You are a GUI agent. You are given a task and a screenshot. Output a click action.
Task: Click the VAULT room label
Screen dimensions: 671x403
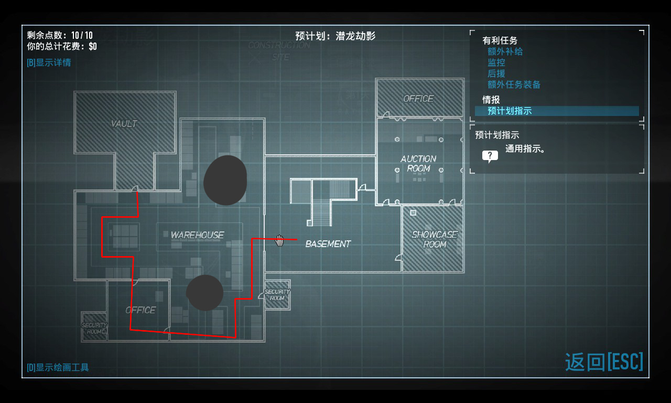[x=124, y=124]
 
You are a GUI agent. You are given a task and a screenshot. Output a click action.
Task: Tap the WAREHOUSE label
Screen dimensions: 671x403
[x=197, y=235]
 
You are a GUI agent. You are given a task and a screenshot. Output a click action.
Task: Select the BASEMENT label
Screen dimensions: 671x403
[x=328, y=244]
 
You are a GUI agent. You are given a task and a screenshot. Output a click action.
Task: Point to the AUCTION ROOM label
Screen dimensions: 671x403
[x=418, y=164]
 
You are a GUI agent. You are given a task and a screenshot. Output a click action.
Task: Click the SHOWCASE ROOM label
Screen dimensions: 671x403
[x=434, y=239]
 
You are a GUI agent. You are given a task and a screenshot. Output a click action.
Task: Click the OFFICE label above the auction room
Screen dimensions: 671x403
[x=418, y=99]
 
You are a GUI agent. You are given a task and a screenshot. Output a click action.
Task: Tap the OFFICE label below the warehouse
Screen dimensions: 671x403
[x=140, y=310]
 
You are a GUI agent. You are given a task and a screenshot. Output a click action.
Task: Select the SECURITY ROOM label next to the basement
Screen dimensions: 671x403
[x=277, y=295]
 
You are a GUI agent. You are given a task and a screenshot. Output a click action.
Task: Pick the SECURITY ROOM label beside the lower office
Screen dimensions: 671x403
[x=94, y=328]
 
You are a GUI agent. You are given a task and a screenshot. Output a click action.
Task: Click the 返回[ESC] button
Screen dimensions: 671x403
[x=604, y=362]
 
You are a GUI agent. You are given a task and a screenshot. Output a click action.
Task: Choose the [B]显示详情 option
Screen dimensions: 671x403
[x=49, y=62]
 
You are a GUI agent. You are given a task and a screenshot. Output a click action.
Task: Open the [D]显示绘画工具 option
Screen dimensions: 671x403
[x=58, y=367]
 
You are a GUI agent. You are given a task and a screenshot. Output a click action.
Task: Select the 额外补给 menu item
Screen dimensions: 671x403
[x=505, y=51]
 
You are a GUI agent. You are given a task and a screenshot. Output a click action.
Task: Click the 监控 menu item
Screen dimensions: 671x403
[x=496, y=62]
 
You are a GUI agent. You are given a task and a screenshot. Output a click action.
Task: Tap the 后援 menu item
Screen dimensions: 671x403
[x=496, y=73]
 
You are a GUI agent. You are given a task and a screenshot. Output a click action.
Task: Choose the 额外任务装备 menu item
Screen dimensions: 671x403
[x=514, y=84]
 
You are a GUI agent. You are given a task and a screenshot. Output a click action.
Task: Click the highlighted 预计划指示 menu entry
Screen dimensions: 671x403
[x=510, y=111]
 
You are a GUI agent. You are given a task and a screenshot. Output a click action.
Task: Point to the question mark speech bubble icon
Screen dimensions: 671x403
[x=490, y=156]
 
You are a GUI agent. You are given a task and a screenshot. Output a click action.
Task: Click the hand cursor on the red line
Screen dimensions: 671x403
[x=280, y=240]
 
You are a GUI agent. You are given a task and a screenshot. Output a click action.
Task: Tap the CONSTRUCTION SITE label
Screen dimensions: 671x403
[x=279, y=51]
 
